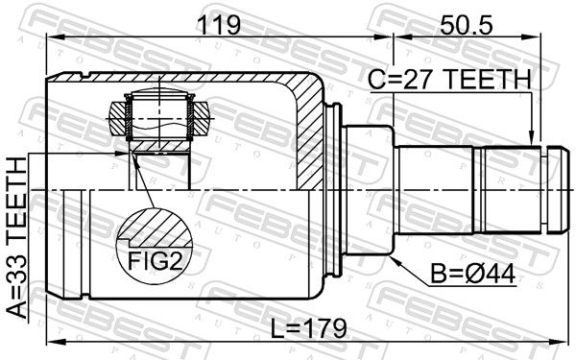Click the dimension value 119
click(219, 25)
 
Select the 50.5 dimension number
click(467, 25)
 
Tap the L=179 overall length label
click(308, 328)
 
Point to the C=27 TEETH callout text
click(450, 80)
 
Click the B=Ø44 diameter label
click(472, 274)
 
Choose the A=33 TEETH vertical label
click(17, 238)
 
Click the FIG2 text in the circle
click(155, 261)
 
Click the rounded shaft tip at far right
click(559, 189)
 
